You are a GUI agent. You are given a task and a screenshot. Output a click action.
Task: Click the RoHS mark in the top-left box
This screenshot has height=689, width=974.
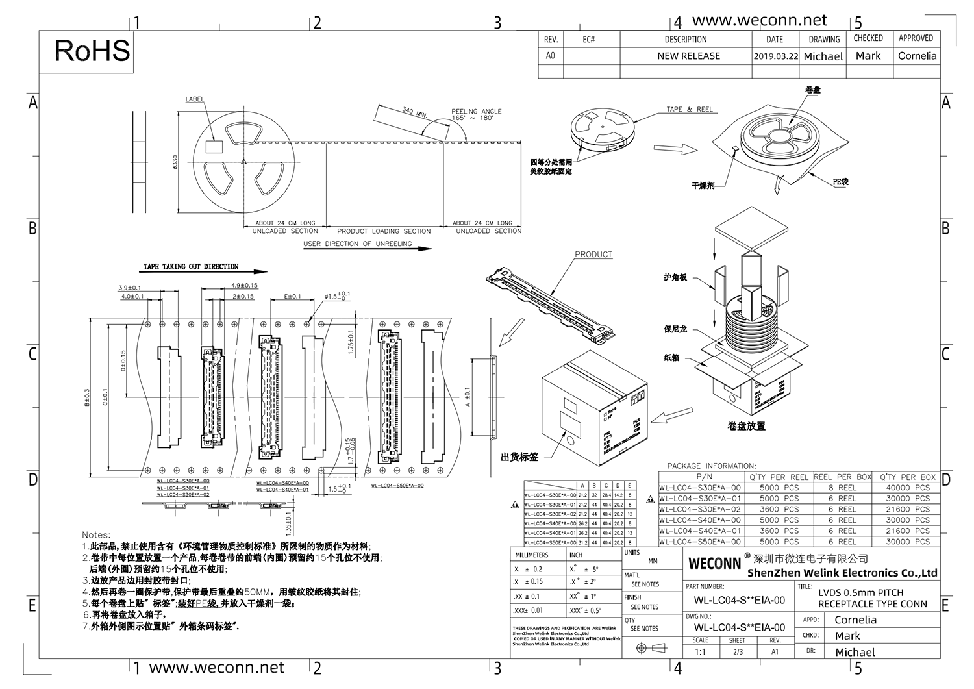coord(92,51)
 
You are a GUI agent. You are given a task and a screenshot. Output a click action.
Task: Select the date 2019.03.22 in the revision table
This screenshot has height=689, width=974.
coord(775,56)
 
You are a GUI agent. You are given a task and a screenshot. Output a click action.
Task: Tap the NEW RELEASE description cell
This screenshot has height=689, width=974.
coord(688,56)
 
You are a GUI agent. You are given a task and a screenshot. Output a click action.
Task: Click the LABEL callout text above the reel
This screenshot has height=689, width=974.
coord(195,99)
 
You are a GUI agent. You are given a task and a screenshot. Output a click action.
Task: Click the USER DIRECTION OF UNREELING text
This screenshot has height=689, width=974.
coord(358,244)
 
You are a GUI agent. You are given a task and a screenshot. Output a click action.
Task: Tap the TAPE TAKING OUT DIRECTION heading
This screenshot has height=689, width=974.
coord(191,267)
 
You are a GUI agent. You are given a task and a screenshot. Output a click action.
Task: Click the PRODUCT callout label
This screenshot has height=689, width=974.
coord(593,255)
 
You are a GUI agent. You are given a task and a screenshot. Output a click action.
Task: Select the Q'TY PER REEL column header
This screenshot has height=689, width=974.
coord(779,477)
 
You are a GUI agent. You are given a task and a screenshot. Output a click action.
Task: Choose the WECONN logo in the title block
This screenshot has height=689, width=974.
coord(714,564)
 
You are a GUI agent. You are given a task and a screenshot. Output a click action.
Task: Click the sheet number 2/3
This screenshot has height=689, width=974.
coord(737,652)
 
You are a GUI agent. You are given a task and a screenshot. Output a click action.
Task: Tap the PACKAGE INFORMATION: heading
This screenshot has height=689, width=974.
coord(711,466)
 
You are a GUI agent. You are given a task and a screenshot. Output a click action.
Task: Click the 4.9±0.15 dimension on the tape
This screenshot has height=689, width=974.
coord(244,286)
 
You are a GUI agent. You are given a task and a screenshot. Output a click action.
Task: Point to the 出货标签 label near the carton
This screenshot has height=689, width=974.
coord(519,457)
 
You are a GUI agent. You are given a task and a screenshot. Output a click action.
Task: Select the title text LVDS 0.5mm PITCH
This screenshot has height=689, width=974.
coord(860,592)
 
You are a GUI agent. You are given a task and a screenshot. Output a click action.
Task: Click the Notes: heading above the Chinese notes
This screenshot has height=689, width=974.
coord(96,535)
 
